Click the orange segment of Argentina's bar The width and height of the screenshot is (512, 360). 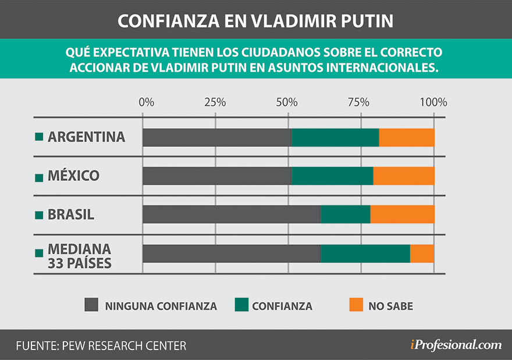[x=407, y=137]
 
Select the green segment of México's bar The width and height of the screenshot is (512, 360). [x=332, y=176]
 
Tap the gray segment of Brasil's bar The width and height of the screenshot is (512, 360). [x=232, y=214]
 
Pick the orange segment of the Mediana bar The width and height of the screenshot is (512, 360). [x=422, y=253]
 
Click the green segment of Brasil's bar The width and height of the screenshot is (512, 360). [x=346, y=214]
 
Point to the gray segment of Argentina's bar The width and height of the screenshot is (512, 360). [x=217, y=137]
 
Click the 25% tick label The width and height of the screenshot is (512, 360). [x=215, y=102]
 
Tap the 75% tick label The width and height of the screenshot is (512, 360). [x=359, y=102]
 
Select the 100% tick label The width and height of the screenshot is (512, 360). [x=433, y=102]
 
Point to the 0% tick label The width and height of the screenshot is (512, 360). [x=147, y=102]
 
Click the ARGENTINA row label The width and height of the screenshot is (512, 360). [x=86, y=137]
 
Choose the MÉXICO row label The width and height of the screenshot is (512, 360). [x=73, y=176]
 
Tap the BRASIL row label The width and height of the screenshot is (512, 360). [x=70, y=214]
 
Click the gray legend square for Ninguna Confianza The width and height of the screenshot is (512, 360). [x=92, y=305]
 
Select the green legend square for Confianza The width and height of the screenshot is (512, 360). [x=241, y=305]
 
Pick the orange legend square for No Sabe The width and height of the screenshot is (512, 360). [x=355, y=305]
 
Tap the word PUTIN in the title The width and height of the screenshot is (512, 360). [x=365, y=21]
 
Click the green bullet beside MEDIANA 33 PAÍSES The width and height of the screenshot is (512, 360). [x=40, y=253]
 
